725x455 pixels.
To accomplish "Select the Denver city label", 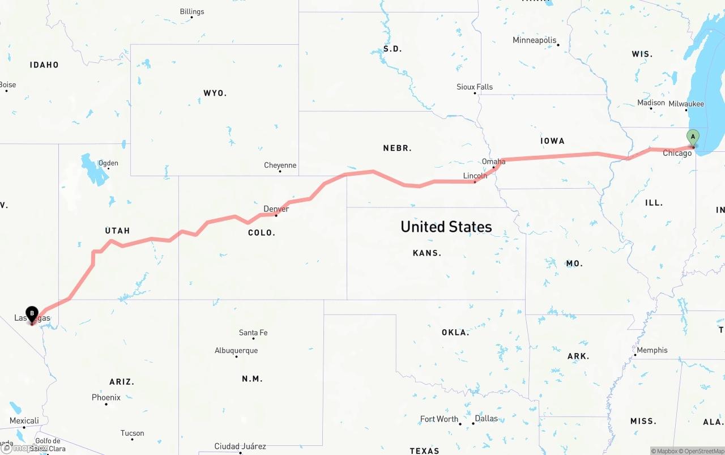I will pos(276,209).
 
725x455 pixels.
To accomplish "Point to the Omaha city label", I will pos(493,161).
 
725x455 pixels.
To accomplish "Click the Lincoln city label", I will pos(475,176).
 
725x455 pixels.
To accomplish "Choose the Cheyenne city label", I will pos(280,165).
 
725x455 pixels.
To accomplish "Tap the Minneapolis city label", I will pos(534,40).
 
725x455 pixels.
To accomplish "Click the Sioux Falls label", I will pos(475,87).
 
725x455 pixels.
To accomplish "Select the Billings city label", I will pos(191,11).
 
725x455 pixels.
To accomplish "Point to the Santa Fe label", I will pos(253,333).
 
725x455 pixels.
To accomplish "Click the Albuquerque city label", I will pos(236,351).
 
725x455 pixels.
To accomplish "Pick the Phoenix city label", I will pos(106,398).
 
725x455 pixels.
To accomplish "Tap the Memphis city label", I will pos(652,350).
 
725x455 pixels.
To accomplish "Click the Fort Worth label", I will pos(439,419).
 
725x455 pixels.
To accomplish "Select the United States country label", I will pos(446,227).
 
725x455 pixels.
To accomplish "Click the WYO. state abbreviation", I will pos(215,93).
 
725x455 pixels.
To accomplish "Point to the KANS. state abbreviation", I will pos(427,253).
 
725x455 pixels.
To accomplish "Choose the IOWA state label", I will pos(552,141).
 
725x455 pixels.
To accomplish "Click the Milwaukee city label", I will pos(686,104).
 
